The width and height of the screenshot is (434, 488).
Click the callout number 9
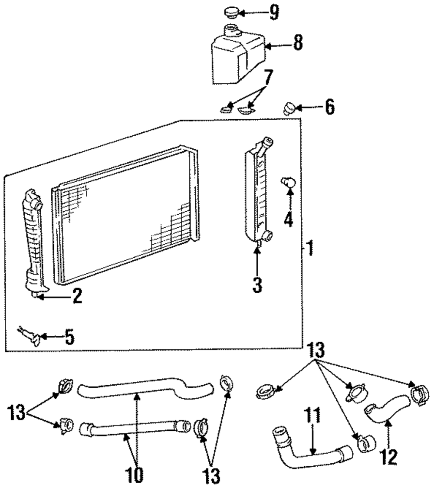274,13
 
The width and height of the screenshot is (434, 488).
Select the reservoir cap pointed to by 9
231,13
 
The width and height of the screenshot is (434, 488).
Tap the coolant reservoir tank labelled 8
238,56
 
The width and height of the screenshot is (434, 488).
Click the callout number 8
298,43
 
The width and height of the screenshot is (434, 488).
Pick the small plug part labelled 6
289,108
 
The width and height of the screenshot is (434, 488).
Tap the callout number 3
257,285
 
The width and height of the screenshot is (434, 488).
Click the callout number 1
310,248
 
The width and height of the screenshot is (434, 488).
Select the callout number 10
134,474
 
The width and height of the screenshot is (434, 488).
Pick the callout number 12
388,457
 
